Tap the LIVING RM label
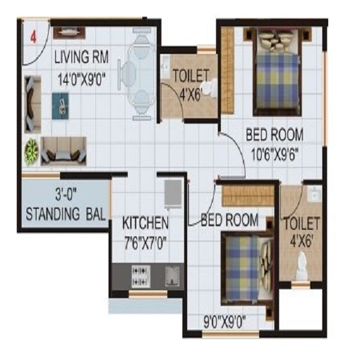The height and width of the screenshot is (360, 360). point(81,58)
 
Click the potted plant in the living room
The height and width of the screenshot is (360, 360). point(31,152)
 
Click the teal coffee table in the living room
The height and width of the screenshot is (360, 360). point(60,103)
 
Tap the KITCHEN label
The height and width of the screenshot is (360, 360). point(145,223)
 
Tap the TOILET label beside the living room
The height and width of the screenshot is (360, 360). point(190,76)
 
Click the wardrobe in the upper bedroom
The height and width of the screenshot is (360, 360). point(227,71)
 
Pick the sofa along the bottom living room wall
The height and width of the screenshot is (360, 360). point(63,149)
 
